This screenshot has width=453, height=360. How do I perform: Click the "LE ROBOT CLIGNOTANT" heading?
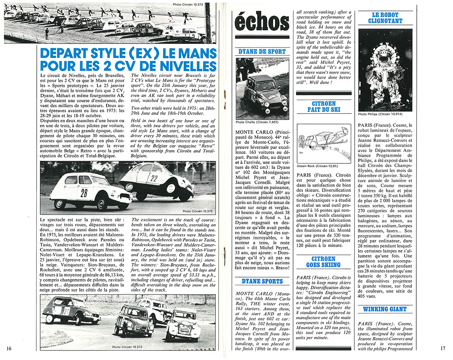(386, 17)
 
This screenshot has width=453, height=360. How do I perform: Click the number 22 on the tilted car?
(154, 178)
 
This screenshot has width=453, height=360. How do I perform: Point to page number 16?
(10, 348)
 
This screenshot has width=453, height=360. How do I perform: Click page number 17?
(443, 348)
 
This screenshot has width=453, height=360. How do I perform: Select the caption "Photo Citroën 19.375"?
(197, 211)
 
